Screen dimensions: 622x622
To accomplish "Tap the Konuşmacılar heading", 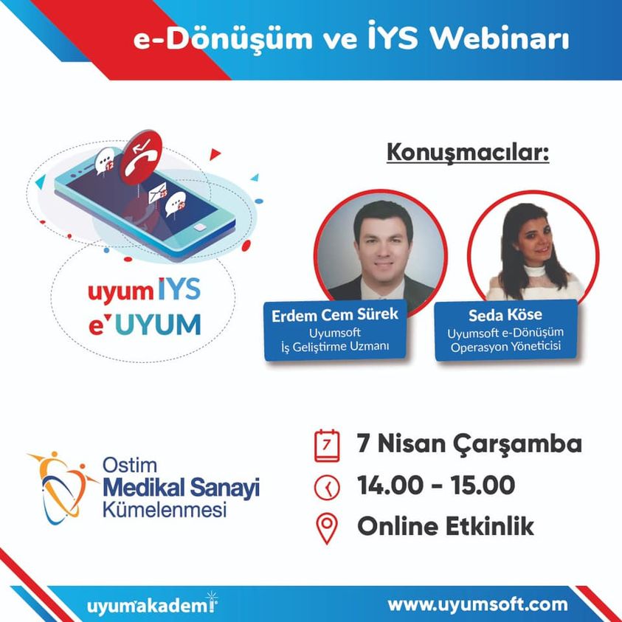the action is tap(468, 153).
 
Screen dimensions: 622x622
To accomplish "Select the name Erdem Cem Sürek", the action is tap(335, 315).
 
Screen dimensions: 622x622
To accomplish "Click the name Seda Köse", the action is tap(505, 315).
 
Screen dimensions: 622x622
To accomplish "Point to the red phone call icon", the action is tap(141, 157).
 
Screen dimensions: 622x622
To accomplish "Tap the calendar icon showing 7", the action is tap(327, 446).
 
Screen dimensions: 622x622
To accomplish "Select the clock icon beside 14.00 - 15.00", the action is tap(327, 486).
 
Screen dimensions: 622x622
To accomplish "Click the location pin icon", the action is tap(327, 529).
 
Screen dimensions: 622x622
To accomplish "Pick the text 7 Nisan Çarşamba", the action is tap(469, 444).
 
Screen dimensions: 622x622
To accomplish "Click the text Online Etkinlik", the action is tap(446, 526).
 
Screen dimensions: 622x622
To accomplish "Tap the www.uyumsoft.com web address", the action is tap(477, 605).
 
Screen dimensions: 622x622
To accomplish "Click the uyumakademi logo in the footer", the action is tap(152, 604).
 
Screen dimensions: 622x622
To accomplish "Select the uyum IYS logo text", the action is tap(144, 291).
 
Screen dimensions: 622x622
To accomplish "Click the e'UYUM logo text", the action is tap(145, 325).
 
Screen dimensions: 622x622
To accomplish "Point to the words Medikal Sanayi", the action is tap(181, 488).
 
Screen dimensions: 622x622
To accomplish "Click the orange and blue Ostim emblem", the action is tap(61, 487).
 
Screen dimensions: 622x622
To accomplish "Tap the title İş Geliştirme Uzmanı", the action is tap(335, 347).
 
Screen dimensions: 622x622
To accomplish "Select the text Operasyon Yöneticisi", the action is tap(505, 347).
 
